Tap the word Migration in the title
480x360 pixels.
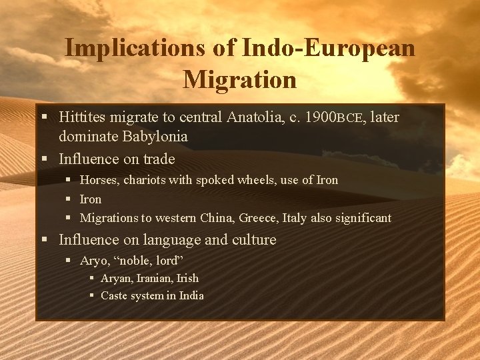click(x=239, y=79)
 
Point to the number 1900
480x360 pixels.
click(x=319, y=118)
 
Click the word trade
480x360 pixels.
click(x=159, y=159)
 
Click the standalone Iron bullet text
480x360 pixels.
click(x=91, y=199)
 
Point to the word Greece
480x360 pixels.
click(x=258, y=218)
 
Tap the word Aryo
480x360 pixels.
click(x=94, y=260)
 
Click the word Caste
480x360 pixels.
click(x=115, y=295)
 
